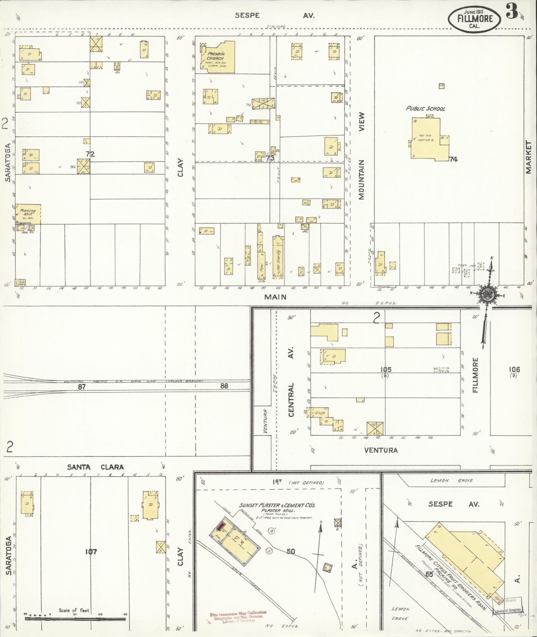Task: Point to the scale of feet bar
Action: (75, 618)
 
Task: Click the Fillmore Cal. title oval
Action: (475, 19)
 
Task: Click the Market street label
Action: (528, 157)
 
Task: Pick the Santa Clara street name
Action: (95, 467)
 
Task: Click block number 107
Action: (91, 552)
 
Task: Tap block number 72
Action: (90, 154)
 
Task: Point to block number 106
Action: (514, 369)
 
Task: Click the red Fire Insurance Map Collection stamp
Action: (238, 616)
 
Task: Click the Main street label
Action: (275, 297)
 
